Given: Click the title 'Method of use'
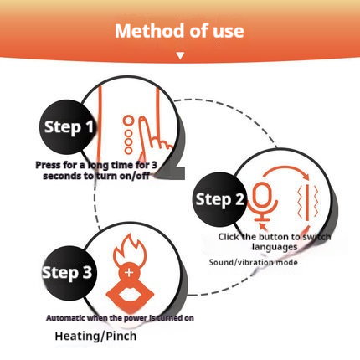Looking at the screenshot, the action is coord(179,31).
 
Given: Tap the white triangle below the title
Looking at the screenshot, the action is coord(180,56).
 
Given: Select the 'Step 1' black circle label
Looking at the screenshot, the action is coord(68,127).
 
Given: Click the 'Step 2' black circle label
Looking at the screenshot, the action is coord(220,199).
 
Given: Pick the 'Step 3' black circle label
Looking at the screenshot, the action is coord(68,273).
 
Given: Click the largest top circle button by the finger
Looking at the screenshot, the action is coord(128,121).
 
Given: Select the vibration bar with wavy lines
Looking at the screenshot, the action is coord(308,202).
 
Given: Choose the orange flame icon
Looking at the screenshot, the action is coord(130,249).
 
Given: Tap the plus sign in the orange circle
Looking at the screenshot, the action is coord(129,272).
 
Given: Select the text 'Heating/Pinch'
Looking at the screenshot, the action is coord(95,336).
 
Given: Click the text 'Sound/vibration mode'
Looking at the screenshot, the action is coord(253,262).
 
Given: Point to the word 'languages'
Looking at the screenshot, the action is coord(275,247).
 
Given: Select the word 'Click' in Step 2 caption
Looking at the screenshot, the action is coord(229,237).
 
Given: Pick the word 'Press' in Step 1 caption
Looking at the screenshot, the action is coord(48,165).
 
